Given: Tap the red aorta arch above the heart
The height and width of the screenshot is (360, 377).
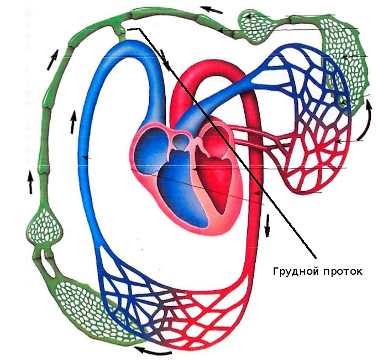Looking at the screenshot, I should [x=207, y=72].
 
